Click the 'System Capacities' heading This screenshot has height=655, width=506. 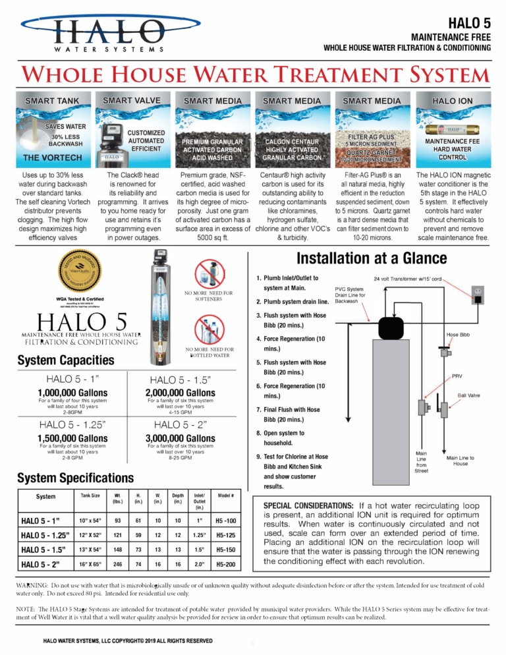click(x=66, y=360)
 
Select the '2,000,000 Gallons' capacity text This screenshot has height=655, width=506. click(x=188, y=393)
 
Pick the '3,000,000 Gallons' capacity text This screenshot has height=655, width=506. click(x=188, y=438)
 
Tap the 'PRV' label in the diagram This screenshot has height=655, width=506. click(x=457, y=377)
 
